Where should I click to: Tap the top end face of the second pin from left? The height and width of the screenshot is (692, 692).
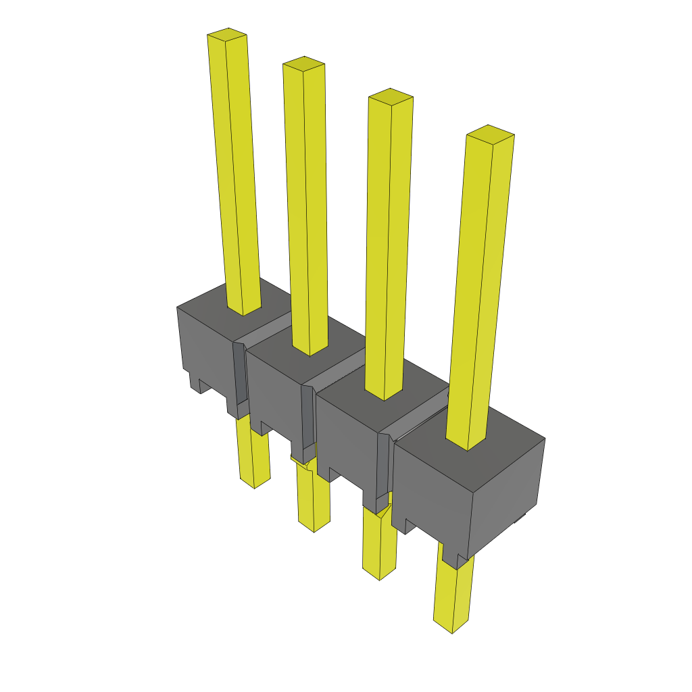(x=303, y=64)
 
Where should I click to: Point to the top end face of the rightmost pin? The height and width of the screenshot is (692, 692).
(x=491, y=133)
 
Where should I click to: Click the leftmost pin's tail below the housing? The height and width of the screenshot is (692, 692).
(x=252, y=453)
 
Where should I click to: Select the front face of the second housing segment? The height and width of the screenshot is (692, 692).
(x=274, y=392)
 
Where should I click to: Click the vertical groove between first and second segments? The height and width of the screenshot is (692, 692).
(x=240, y=378)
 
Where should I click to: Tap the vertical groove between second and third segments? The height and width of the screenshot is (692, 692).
(x=308, y=419)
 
